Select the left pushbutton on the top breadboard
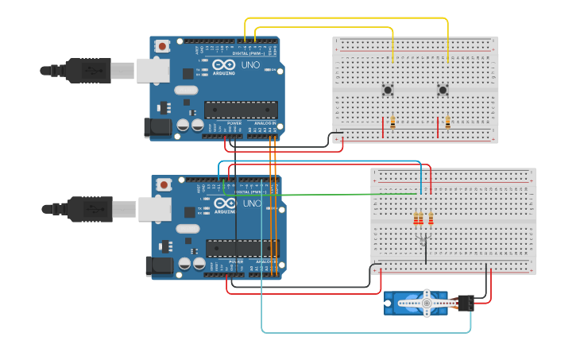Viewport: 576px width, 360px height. [388, 90]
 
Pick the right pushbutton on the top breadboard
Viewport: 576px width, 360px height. [443, 90]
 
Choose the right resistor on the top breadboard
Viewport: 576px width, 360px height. [448, 122]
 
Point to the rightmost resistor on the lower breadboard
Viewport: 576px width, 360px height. [431, 219]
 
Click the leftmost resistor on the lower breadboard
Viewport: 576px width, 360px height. [416, 219]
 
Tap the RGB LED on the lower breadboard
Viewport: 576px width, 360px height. [423, 238]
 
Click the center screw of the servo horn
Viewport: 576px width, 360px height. [427, 302]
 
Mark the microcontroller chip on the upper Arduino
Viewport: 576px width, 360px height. [241, 110]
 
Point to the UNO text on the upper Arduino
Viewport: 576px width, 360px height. [250, 65]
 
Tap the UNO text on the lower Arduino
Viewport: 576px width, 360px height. [252, 203]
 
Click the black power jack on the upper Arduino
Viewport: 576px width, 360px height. [157, 127]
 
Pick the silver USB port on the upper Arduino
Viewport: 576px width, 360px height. [154, 70]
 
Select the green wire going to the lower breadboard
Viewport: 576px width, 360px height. [318, 194]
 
